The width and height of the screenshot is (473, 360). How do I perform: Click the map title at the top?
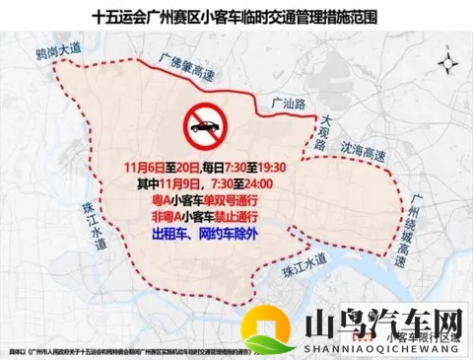tap(236, 17)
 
